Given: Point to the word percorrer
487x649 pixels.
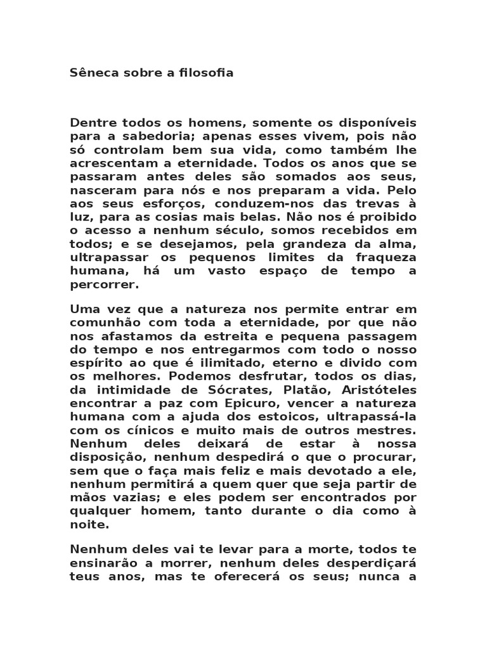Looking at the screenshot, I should point(104,285).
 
